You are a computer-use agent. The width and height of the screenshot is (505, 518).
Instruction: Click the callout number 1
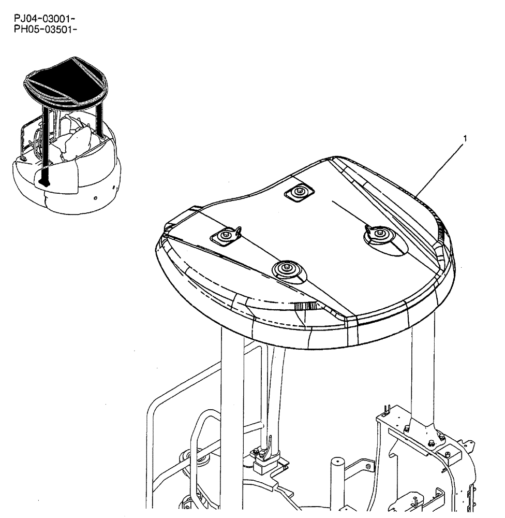click(x=465, y=138)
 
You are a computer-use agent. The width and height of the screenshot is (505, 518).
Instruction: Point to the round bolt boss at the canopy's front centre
click(x=285, y=269)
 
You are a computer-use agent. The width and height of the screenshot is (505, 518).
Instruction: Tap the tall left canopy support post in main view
click(x=232, y=394)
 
